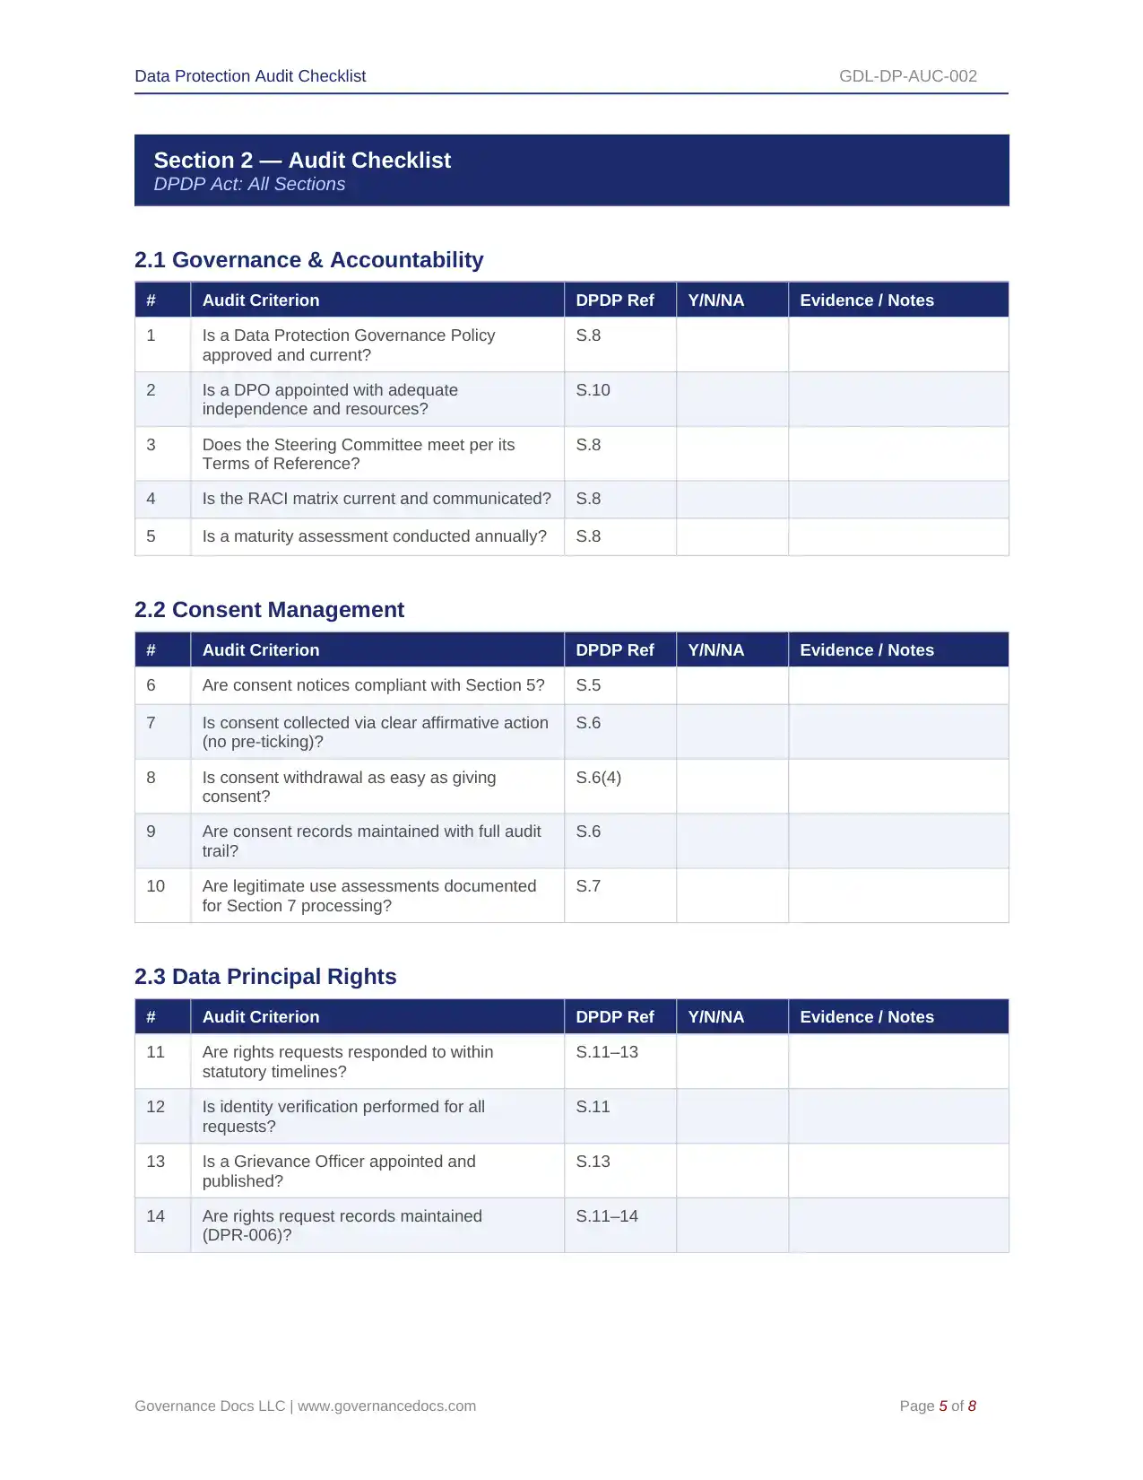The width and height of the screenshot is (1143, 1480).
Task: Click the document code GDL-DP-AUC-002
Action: (907, 76)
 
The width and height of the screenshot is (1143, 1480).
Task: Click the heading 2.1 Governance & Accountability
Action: (308, 260)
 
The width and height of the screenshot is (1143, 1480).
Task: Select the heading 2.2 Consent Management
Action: (269, 610)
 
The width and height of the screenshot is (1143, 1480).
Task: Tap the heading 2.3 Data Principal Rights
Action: (265, 977)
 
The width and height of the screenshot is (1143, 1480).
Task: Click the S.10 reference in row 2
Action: (593, 390)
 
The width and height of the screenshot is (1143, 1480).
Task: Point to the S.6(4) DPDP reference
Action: (598, 778)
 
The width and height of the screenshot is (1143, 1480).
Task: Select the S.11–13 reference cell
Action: (607, 1052)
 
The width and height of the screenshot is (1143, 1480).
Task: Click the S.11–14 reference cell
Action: (607, 1216)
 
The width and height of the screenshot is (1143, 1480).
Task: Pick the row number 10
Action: (155, 886)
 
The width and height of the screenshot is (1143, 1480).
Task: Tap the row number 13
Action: (155, 1162)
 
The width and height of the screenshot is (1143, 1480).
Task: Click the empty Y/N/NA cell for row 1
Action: (732, 344)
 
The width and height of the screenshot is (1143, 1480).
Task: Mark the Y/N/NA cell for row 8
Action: (732, 787)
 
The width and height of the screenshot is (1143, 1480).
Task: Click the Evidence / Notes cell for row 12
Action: (897, 1116)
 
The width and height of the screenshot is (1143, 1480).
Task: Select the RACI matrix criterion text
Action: (377, 499)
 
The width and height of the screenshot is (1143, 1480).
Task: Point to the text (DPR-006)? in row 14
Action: (247, 1235)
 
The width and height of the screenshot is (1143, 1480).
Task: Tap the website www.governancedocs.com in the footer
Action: (386, 1406)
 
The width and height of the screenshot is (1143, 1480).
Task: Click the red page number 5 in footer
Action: (943, 1406)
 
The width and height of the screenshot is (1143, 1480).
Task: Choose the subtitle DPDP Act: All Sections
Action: (249, 184)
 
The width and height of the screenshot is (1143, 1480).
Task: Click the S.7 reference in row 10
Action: (588, 886)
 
